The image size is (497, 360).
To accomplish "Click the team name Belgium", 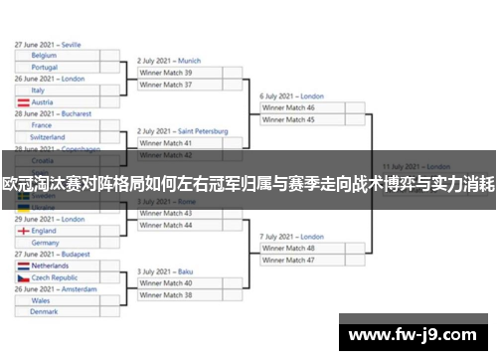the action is point(46,57).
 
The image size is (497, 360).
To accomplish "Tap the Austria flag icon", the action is point(23,102).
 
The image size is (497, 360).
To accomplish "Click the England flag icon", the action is point(23,231).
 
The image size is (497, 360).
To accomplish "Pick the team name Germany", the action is point(46,243).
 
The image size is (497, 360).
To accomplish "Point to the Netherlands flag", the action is point(23,267).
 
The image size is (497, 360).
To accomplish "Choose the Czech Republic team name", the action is point(56,277).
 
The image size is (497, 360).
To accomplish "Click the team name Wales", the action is point(41,299).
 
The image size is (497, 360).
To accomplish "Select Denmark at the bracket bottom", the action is point(44,311).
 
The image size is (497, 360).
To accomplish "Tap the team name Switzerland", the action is point(49,137).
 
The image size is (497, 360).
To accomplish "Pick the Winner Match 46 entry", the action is point(288,107).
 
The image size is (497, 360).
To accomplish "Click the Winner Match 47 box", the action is point(288,260).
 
